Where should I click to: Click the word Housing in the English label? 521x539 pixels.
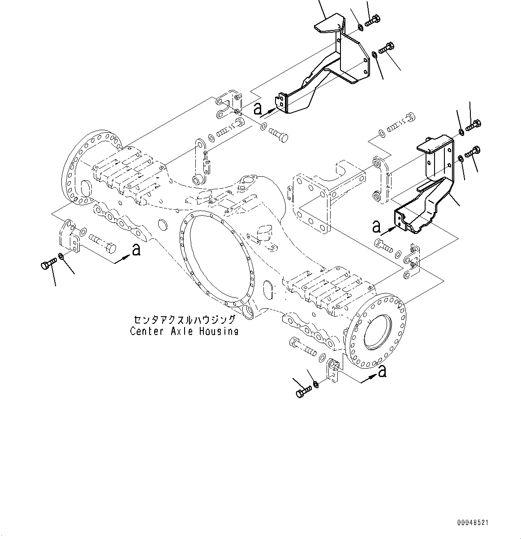point(219,331)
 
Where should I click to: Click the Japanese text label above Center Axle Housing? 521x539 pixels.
point(184,320)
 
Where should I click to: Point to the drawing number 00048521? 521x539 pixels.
point(473,522)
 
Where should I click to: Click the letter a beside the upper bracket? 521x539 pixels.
point(258,108)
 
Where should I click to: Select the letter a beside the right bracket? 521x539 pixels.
point(376,226)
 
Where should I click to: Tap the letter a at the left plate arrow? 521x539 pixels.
point(136,250)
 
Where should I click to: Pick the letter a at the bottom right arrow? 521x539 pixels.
point(382,371)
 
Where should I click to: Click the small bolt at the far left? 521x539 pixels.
point(48,264)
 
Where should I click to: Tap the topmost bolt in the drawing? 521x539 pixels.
point(372,21)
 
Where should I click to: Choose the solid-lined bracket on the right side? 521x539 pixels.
point(426,188)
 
